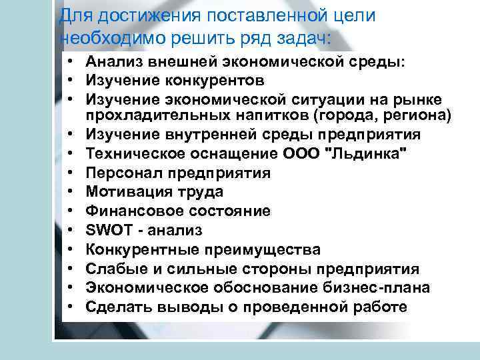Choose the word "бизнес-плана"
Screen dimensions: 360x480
click(x=373, y=288)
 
